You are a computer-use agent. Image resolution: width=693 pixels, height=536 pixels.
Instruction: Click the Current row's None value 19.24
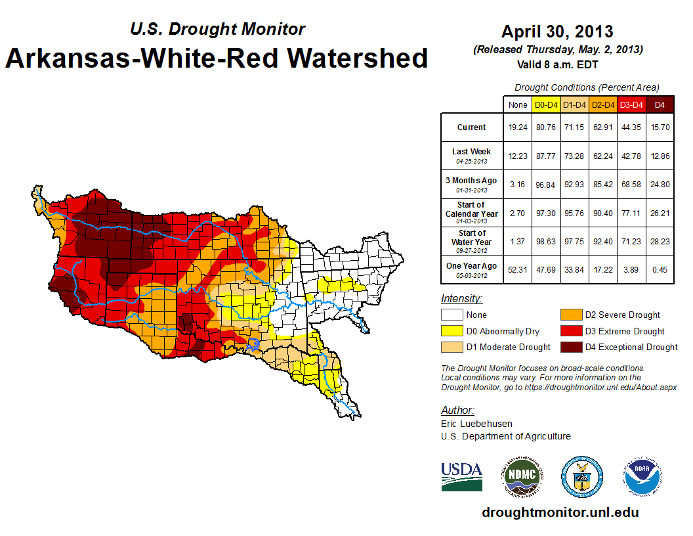(x=518, y=127)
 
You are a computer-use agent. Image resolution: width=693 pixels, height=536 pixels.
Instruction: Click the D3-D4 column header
(x=631, y=104)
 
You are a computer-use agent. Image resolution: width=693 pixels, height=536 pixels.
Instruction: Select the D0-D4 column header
(x=546, y=104)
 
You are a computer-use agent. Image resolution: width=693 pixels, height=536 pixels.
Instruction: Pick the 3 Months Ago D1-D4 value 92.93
(x=574, y=185)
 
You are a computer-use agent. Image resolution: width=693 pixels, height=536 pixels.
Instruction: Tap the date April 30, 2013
(x=557, y=32)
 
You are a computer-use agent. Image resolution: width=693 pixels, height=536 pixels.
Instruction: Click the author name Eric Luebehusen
(x=477, y=424)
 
